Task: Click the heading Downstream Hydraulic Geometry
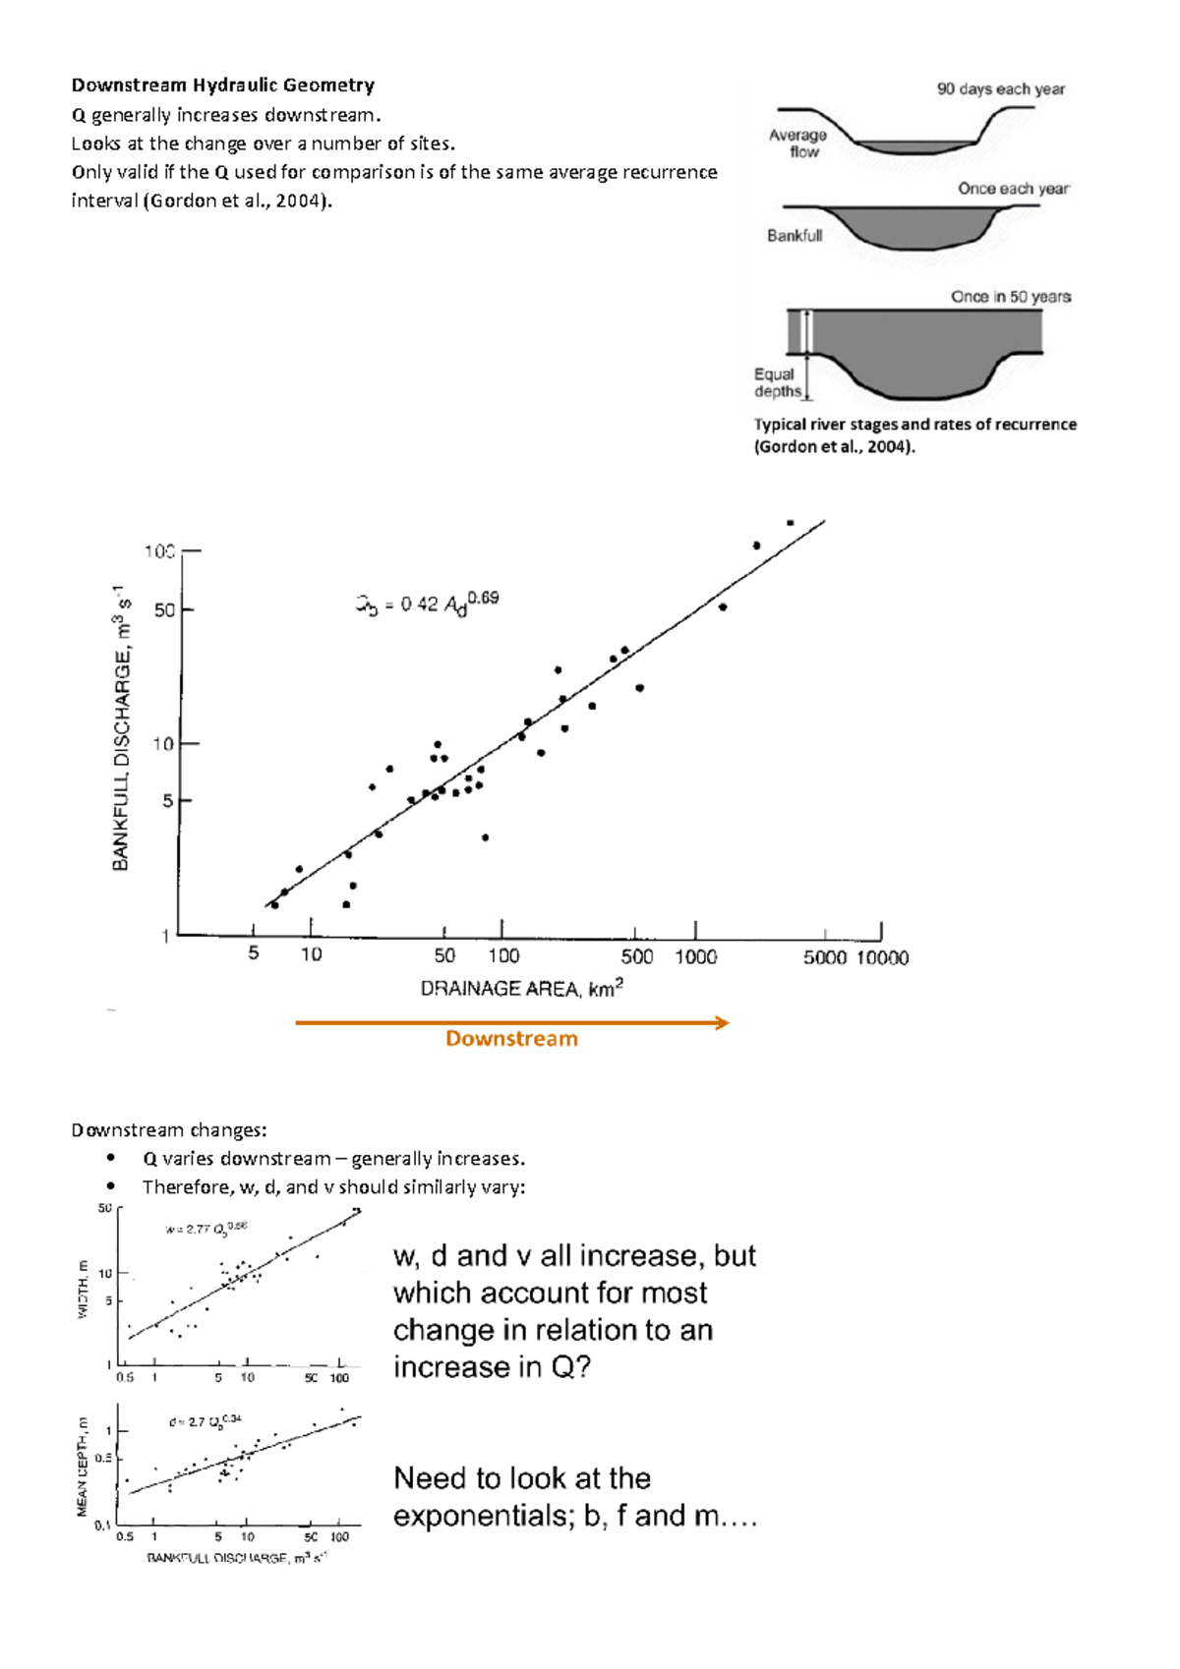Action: [222, 86]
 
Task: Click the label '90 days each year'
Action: [1000, 89]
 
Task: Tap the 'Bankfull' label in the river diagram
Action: [795, 236]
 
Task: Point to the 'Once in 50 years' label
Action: [1010, 297]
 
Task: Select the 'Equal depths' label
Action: [777, 382]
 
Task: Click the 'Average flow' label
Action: [797, 144]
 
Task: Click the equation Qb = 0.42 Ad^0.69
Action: [428, 603]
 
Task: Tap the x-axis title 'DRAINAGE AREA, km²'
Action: [521, 988]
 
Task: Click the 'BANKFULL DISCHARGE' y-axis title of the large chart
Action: [121, 727]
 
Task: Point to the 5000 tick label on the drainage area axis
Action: [824, 957]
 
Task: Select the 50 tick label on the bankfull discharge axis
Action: [164, 610]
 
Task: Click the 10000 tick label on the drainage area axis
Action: [882, 957]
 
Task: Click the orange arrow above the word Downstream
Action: [511, 1023]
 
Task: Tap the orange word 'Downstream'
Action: [511, 1039]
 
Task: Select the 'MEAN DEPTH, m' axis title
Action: [83, 1466]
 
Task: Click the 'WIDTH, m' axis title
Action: [83, 1289]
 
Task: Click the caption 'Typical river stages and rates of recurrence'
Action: [914, 425]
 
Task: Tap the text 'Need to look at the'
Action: [521, 1478]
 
